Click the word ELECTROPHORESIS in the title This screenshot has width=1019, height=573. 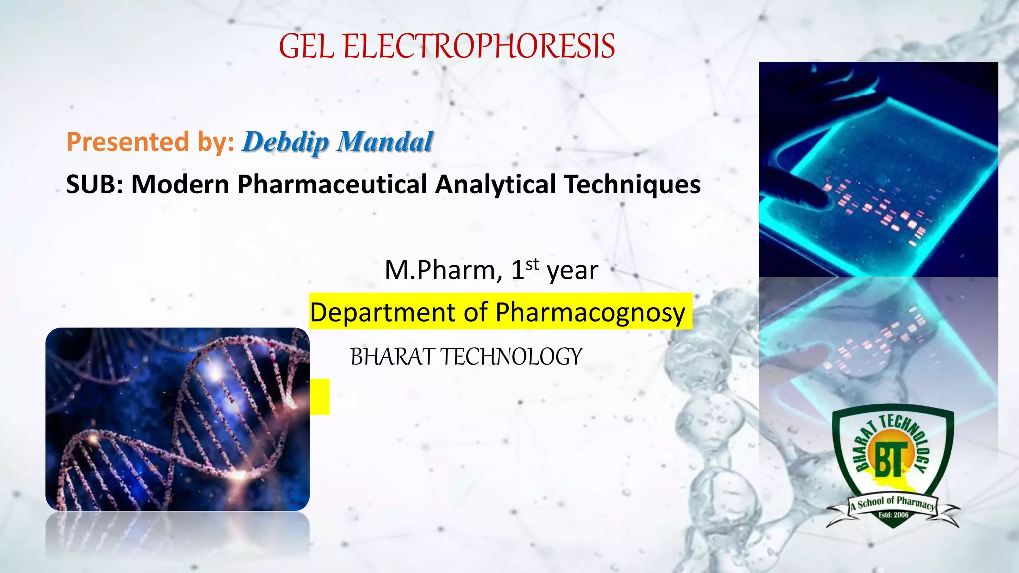click(x=479, y=46)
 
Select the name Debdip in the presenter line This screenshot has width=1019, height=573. click(x=286, y=142)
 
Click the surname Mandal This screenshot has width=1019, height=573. click(x=385, y=142)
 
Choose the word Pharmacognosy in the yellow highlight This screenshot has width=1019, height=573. click(x=590, y=313)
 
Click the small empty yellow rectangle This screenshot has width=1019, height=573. click(x=320, y=396)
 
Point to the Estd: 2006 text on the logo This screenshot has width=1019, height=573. click(x=893, y=515)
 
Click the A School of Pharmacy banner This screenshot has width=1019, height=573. click(x=893, y=503)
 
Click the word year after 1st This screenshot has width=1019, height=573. click(x=572, y=271)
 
